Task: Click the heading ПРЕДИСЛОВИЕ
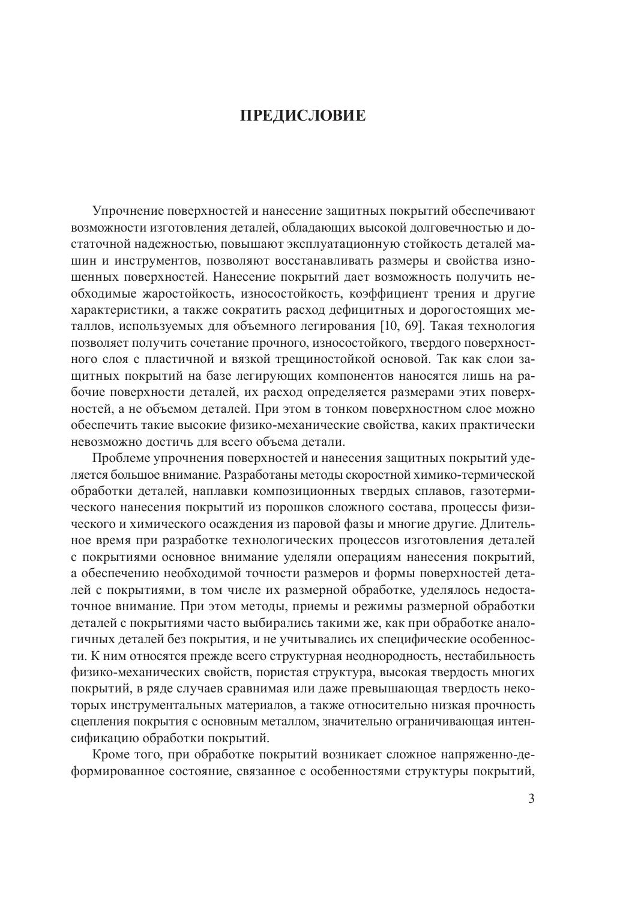coord(302,115)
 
